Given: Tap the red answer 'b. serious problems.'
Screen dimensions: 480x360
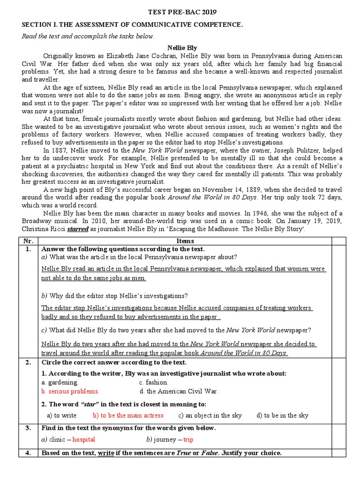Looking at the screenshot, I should pyautogui.click(x=70, y=391).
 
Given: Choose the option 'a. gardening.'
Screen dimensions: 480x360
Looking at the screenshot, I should pyautogui.click(x=60, y=382).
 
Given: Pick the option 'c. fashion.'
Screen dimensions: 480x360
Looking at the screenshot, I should pyautogui.click(x=154, y=382).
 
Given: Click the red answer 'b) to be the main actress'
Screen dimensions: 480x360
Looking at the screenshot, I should pyautogui.click(x=128, y=415).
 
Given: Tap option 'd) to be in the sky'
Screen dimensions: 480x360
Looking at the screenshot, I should pyautogui.click(x=282, y=415).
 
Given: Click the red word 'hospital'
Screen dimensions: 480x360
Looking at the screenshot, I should pyautogui.click(x=84, y=440).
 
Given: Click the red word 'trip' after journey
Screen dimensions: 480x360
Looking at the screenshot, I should pyautogui.click(x=188, y=440).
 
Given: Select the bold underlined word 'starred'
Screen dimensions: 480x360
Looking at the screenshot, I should pyautogui.click(x=77, y=230).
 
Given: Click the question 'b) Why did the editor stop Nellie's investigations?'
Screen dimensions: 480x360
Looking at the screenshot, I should pyautogui.click(x=114, y=296).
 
